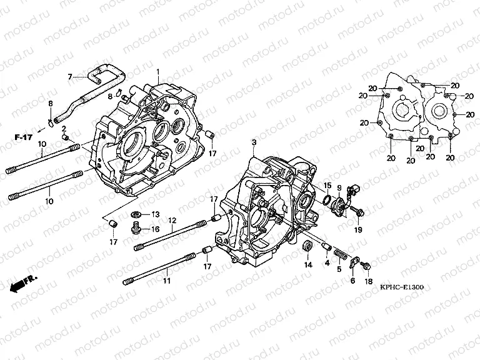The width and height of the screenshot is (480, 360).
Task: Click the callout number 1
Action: point(158,72)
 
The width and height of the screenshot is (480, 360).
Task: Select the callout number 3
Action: point(254,143)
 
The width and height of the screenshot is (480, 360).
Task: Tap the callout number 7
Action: point(71,77)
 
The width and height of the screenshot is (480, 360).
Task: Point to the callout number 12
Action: point(171,220)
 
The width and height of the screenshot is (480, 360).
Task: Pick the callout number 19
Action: point(358,230)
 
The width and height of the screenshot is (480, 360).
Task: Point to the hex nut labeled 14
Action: point(307,245)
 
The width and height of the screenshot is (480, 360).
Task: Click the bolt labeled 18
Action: point(366,266)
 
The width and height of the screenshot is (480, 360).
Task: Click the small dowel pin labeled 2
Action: point(64,136)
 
